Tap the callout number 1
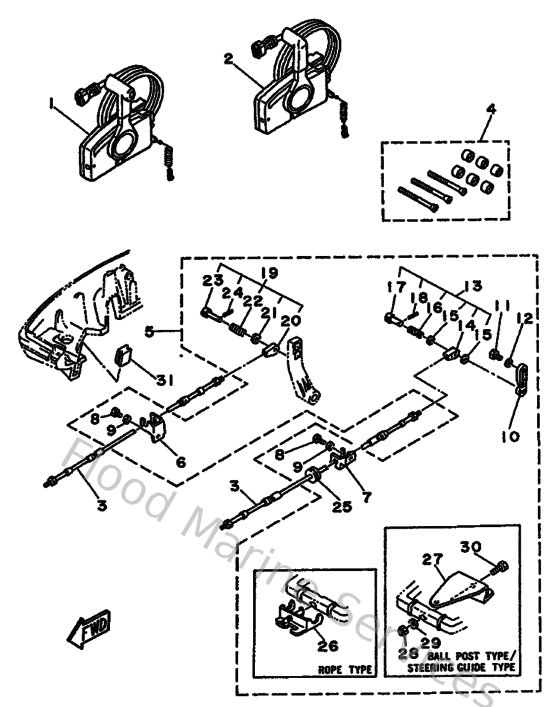pos(48,103)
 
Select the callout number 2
pos(229,58)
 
